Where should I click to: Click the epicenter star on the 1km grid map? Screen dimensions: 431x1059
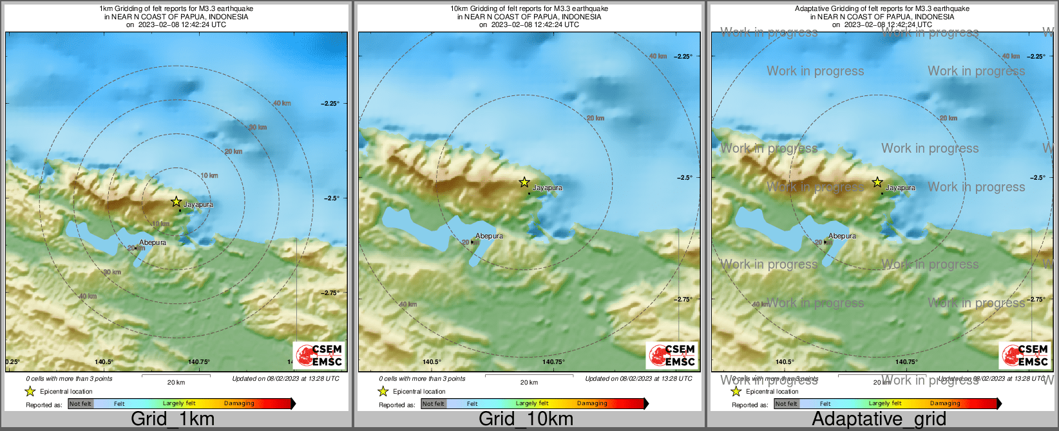click(x=176, y=202)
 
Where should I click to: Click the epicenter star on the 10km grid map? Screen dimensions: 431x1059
click(x=524, y=182)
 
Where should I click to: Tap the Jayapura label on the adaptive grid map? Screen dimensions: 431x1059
click(x=900, y=188)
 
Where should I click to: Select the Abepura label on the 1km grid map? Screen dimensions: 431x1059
click(x=153, y=243)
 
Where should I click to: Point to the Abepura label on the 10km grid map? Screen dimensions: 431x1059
click(x=489, y=236)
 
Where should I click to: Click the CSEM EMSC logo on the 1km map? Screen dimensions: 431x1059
click(x=320, y=355)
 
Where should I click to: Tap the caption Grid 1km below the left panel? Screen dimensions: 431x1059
click(x=173, y=419)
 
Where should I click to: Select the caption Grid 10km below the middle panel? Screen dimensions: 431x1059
click(x=526, y=419)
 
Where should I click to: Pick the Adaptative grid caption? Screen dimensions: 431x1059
click(x=879, y=419)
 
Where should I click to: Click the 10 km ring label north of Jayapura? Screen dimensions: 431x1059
click(x=209, y=175)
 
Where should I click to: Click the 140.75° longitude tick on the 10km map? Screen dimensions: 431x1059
click(x=553, y=362)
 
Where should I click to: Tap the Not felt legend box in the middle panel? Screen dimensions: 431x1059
click(x=434, y=404)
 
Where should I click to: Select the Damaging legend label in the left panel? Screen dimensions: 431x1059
click(x=239, y=404)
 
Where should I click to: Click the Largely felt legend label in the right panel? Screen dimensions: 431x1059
click(x=884, y=404)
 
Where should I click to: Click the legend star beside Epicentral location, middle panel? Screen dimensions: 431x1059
click(x=383, y=391)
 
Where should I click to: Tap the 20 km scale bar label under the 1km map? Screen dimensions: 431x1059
click(x=176, y=382)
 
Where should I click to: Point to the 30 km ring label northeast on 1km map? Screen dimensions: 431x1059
click(x=258, y=128)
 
